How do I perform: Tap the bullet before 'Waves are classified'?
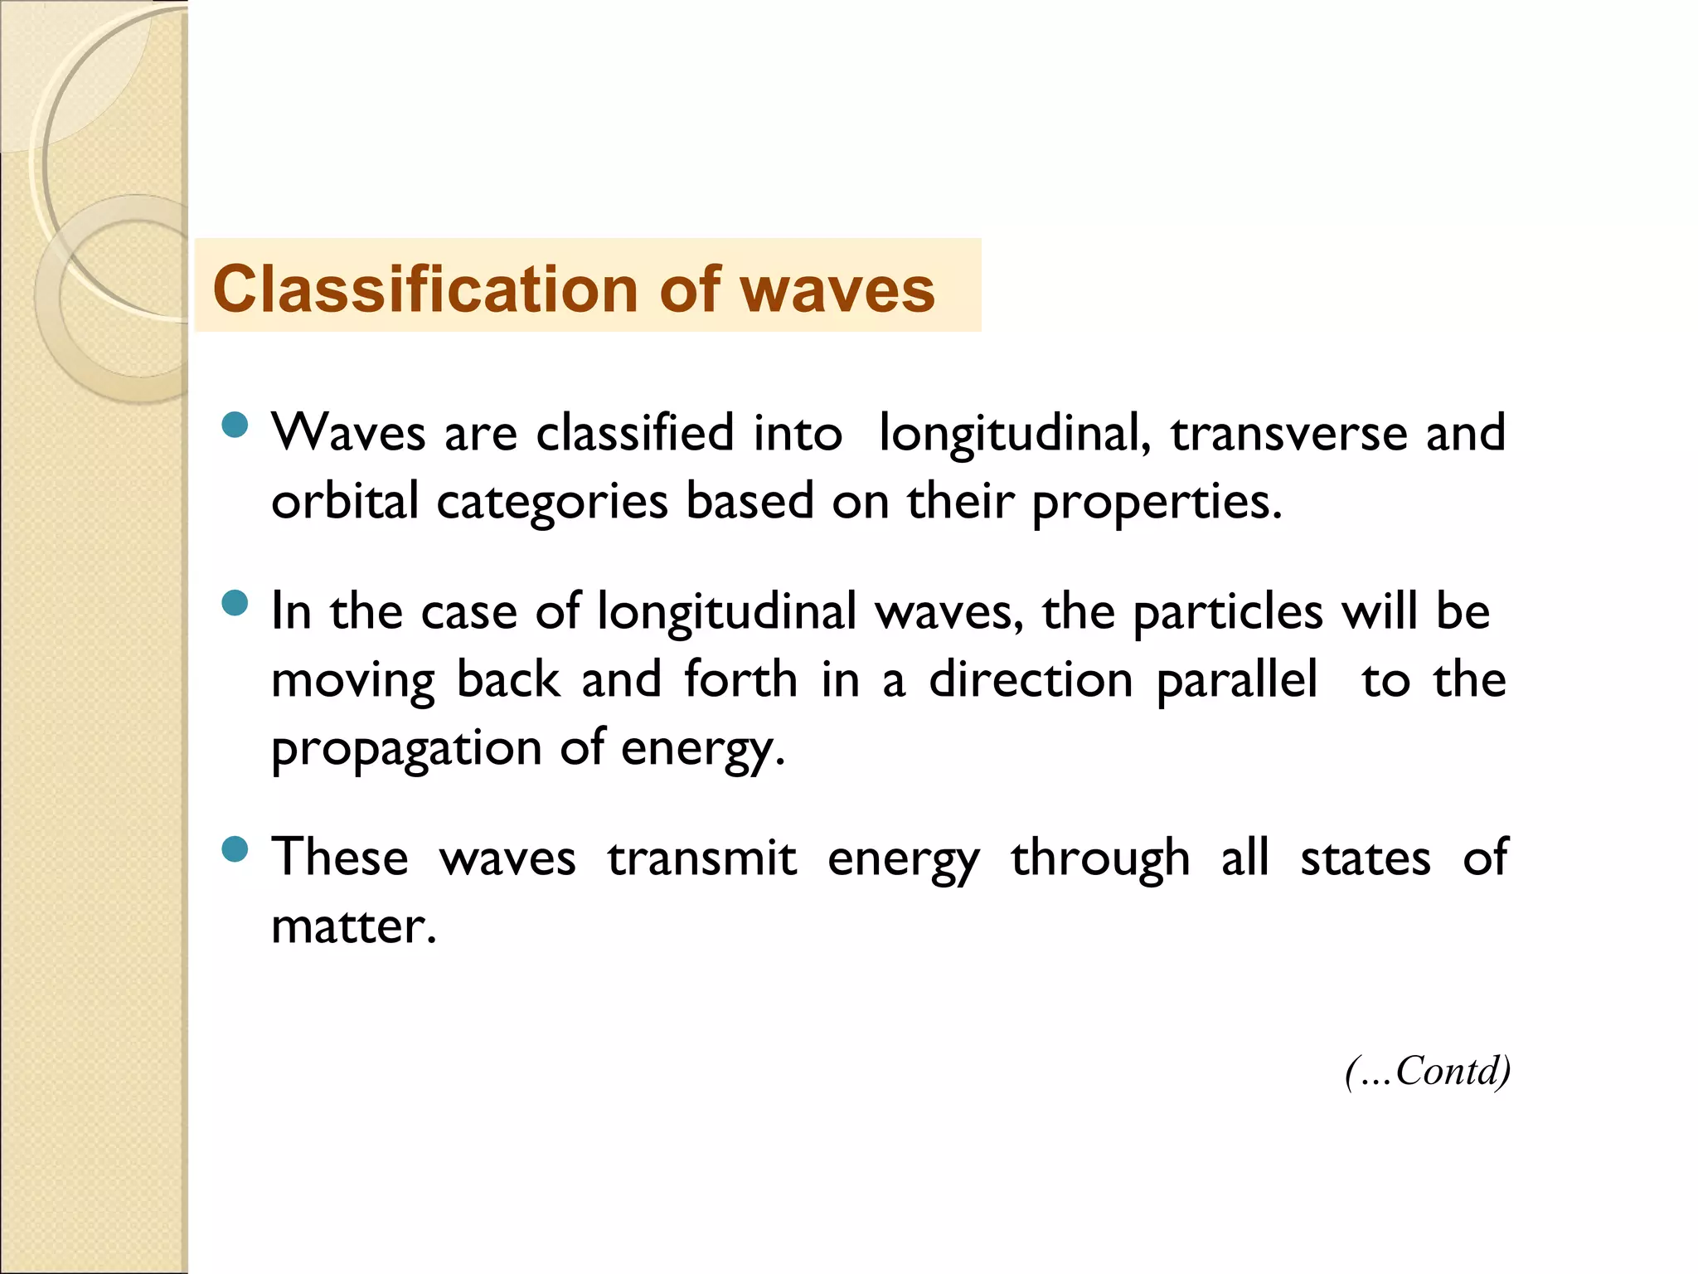[x=235, y=425]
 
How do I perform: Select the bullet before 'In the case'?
[x=235, y=603]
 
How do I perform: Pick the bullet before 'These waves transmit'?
[x=235, y=849]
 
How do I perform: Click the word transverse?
[x=1288, y=433]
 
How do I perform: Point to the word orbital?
[x=345, y=502]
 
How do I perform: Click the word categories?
[x=552, y=503]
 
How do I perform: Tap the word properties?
[x=1156, y=503]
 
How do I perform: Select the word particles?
[x=1228, y=613]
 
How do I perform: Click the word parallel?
[x=1236, y=682]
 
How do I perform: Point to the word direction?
[x=1031, y=680]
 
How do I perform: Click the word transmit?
[x=701, y=858]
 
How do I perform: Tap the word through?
[x=1100, y=860]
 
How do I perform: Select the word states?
[x=1365, y=858]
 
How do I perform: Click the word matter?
[x=352, y=927]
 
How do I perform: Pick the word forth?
[x=740, y=680]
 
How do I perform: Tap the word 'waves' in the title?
[x=837, y=289]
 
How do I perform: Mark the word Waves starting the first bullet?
[x=348, y=433]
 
